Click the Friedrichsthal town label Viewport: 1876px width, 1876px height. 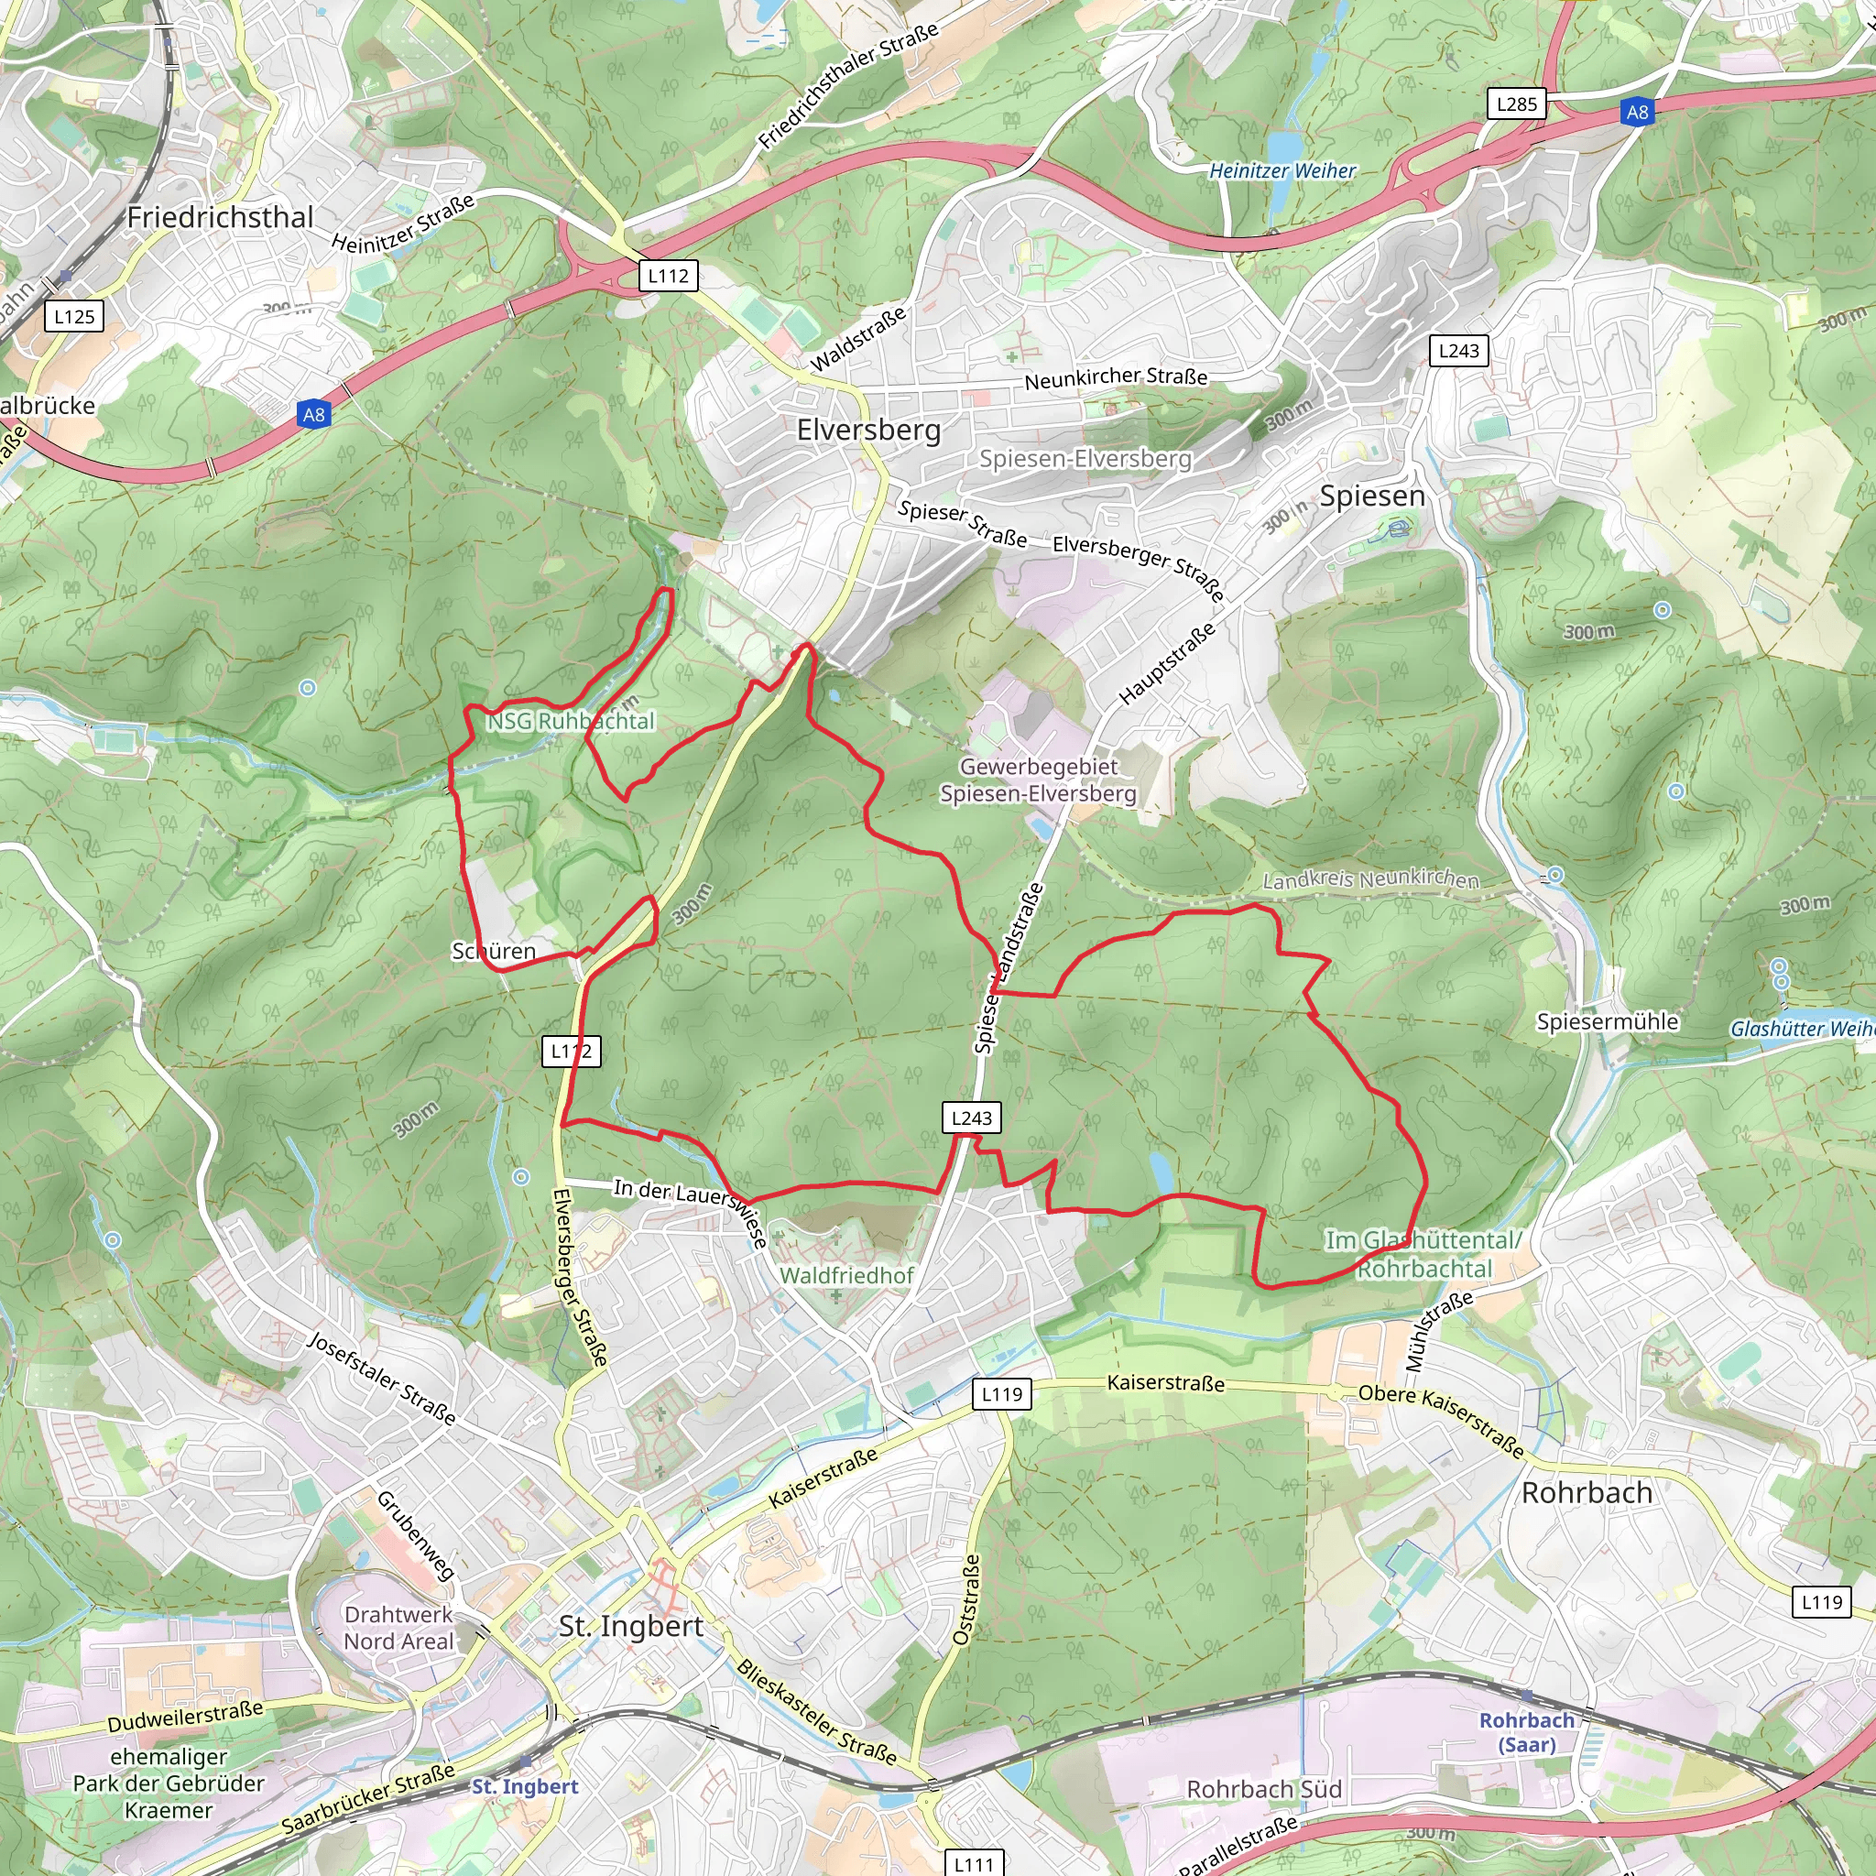pos(221,217)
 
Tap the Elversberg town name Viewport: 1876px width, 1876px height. pos(868,431)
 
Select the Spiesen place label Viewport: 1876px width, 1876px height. pos(1371,496)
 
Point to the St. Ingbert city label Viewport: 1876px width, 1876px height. pos(630,1626)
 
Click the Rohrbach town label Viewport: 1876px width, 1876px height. pos(1586,1492)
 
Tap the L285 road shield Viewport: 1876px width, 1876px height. pos(1516,104)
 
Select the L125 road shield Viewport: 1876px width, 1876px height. pos(74,317)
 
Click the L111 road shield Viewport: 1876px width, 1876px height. pos(973,1863)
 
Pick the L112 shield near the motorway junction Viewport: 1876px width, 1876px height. pos(668,276)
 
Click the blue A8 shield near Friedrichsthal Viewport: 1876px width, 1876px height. pos(313,416)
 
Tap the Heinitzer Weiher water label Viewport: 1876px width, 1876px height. pos(1282,171)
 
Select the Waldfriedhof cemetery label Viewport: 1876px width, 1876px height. pos(846,1275)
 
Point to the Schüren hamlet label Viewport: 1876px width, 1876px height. pos(494,952)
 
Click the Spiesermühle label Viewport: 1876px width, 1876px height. pos(1607,1021)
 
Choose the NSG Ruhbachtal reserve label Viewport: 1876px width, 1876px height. pos(571,722)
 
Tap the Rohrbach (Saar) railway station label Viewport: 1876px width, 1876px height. pos(1526,1731)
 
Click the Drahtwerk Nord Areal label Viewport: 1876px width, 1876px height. pos(398,1628)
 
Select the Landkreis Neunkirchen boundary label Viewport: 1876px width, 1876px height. pos(1370,879)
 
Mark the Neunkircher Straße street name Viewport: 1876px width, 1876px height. pos(1116,377)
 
